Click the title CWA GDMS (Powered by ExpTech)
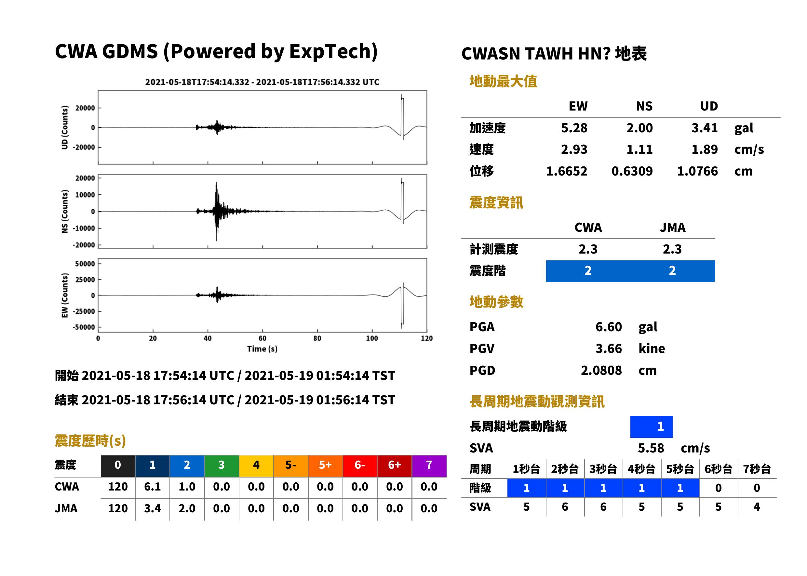point(216,52)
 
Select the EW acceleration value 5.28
point(574,128)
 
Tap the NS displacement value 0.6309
point(632,171)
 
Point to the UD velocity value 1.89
point(705,149)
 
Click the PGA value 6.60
point(609,327)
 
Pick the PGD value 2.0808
point(601,370)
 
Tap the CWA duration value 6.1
point(153,487)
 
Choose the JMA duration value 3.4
point(153,508)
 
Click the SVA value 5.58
point(651,448)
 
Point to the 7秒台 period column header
point(757,469)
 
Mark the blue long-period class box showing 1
point(651,427)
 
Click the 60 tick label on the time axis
point(262,338)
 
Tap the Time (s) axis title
point(262,349)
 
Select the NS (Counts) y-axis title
point(65,211)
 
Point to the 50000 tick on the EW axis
point(85,264)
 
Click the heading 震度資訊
point(496,203)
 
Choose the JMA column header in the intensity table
point(673,227)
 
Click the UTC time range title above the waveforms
point(262,82)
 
